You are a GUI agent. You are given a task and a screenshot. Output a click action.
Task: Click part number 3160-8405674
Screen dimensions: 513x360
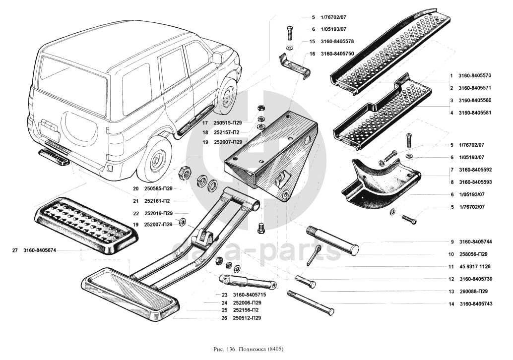40,250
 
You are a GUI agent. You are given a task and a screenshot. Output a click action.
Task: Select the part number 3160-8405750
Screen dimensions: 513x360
337,54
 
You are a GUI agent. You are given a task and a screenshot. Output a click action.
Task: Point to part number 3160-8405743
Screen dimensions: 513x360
476,304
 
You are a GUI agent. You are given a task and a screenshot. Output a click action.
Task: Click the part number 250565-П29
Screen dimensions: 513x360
158,188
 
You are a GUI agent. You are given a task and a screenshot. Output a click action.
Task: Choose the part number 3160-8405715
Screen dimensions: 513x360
249,295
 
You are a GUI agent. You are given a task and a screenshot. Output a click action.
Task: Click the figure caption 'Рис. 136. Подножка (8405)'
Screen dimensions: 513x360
249,349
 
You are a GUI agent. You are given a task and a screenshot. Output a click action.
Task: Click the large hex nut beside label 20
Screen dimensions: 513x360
184,173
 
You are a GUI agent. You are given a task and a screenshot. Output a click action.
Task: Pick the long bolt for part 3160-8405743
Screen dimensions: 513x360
311,303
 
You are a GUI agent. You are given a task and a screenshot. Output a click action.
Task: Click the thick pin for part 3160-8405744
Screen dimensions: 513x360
333,242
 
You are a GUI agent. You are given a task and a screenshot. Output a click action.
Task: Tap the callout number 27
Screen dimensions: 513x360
15,250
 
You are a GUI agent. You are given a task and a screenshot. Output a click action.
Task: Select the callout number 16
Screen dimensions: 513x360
313,54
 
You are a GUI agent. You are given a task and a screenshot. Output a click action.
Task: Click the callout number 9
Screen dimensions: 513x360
452,242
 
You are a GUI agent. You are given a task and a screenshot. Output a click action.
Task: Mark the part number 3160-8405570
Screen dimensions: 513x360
475,76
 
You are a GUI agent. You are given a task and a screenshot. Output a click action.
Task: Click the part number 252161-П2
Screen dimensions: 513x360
158,201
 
